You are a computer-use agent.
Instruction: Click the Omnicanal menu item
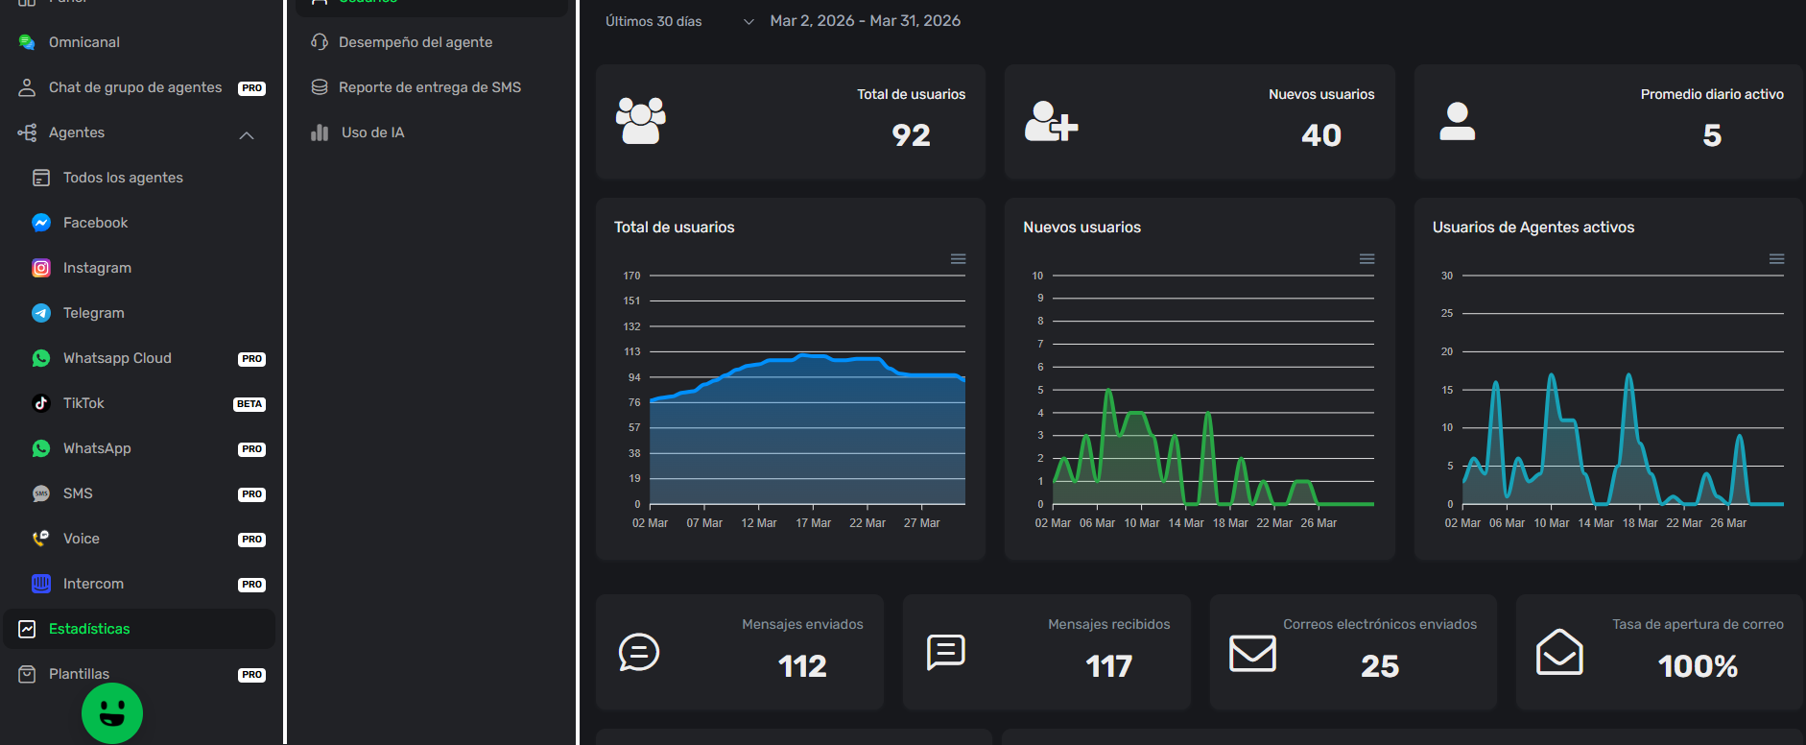click(x=83, y=42)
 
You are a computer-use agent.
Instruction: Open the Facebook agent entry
click(x=95, y=223)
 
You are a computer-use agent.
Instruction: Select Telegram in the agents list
click(x=93, y=313)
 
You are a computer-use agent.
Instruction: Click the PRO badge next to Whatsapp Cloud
click(x=251, y=359)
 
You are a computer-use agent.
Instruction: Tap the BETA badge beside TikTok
click(x=250, y=404)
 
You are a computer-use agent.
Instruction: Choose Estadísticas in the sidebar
click(x=89, y=629)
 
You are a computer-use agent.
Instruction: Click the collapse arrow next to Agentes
click(x=247, y=135)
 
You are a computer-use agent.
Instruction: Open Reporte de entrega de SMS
click(x=429, y=87)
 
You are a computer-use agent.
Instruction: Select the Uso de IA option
click(x=372, y=132)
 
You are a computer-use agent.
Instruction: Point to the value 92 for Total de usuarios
click(x=911, y=135)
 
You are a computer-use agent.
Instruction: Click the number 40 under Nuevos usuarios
click(x=1320, y=135)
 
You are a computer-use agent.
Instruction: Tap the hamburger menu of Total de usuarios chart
click(x=958, y=259)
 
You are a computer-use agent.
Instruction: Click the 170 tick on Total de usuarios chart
click(x=631, y=276)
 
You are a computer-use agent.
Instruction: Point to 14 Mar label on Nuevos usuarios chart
click(x=1185, y=523)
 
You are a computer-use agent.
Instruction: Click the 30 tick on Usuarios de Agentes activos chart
click(x=1446, y=276)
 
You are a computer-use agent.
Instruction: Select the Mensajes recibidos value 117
click(x=1108, y=666)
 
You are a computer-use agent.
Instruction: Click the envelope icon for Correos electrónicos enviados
click(x=1252, y=653)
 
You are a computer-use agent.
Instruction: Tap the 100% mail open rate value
click(x=1697, y=666)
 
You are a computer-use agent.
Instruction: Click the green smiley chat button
click(x=112, y=713)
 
